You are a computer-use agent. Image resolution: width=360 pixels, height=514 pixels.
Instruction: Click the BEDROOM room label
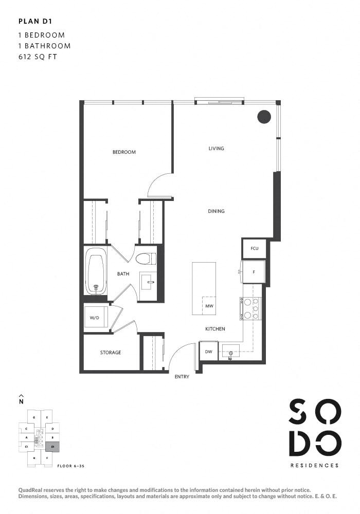click(x=124, y=152)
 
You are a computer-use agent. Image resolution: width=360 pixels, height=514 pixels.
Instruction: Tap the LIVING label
click(x=216, y=149)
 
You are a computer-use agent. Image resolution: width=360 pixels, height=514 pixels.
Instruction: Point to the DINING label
click(x=216, y=211)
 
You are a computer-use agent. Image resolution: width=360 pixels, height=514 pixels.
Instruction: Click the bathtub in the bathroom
click(x=96, y=271)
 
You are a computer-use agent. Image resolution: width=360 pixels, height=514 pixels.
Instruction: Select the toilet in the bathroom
click(x=146, y=258)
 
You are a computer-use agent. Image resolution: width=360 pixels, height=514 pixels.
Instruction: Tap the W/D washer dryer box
click(x=95, y=318)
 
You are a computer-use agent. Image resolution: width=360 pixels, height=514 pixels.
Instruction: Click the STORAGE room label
click(x=111, y=353)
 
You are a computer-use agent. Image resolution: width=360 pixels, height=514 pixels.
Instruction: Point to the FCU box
click(x=254, y=249)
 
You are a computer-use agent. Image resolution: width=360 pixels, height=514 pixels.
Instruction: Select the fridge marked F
click(x=254, y=272)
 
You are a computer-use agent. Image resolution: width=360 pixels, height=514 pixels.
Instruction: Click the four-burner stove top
click(x=251, y=309)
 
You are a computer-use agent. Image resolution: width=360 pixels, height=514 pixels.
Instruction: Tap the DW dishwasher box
click(x=208, y=352)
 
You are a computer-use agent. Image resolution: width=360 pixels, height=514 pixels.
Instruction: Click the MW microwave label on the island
click(x=209, y=306)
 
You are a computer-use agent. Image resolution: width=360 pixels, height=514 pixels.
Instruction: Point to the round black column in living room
click(x=264, y=117)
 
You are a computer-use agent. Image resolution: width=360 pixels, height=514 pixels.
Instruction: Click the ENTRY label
click(x=182, y=377)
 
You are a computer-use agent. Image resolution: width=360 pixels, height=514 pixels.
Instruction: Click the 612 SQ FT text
click(x=37, y=57)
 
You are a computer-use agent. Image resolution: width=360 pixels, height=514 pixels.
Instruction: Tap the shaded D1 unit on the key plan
click(x=52, y=447)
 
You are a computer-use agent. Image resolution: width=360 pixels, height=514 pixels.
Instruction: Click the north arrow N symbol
click(x=21, y=399)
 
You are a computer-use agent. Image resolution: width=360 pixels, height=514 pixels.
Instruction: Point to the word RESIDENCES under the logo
click(x=314, y=466)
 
